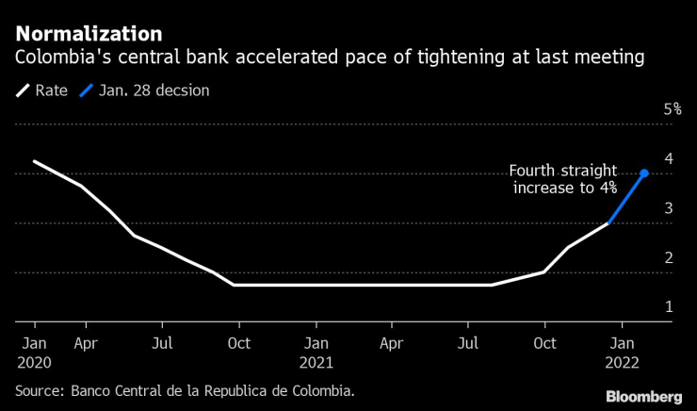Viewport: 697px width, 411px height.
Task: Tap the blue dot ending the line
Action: coord(643,173)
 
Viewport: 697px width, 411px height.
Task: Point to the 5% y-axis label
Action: coord(673,109)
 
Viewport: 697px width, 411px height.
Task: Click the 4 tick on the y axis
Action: coord(668,158)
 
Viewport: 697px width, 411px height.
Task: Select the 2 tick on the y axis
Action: coord(668,257)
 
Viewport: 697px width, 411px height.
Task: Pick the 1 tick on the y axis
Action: coord(668,306)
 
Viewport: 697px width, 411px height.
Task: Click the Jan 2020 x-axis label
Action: coord(35,351)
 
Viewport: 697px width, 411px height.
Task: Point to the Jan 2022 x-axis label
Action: coord(620,351)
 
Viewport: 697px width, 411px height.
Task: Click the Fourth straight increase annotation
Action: coord(563,179)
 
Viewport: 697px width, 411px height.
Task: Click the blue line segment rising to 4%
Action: coord(627,198)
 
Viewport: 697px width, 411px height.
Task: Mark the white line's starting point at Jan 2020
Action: coord(34,161)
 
